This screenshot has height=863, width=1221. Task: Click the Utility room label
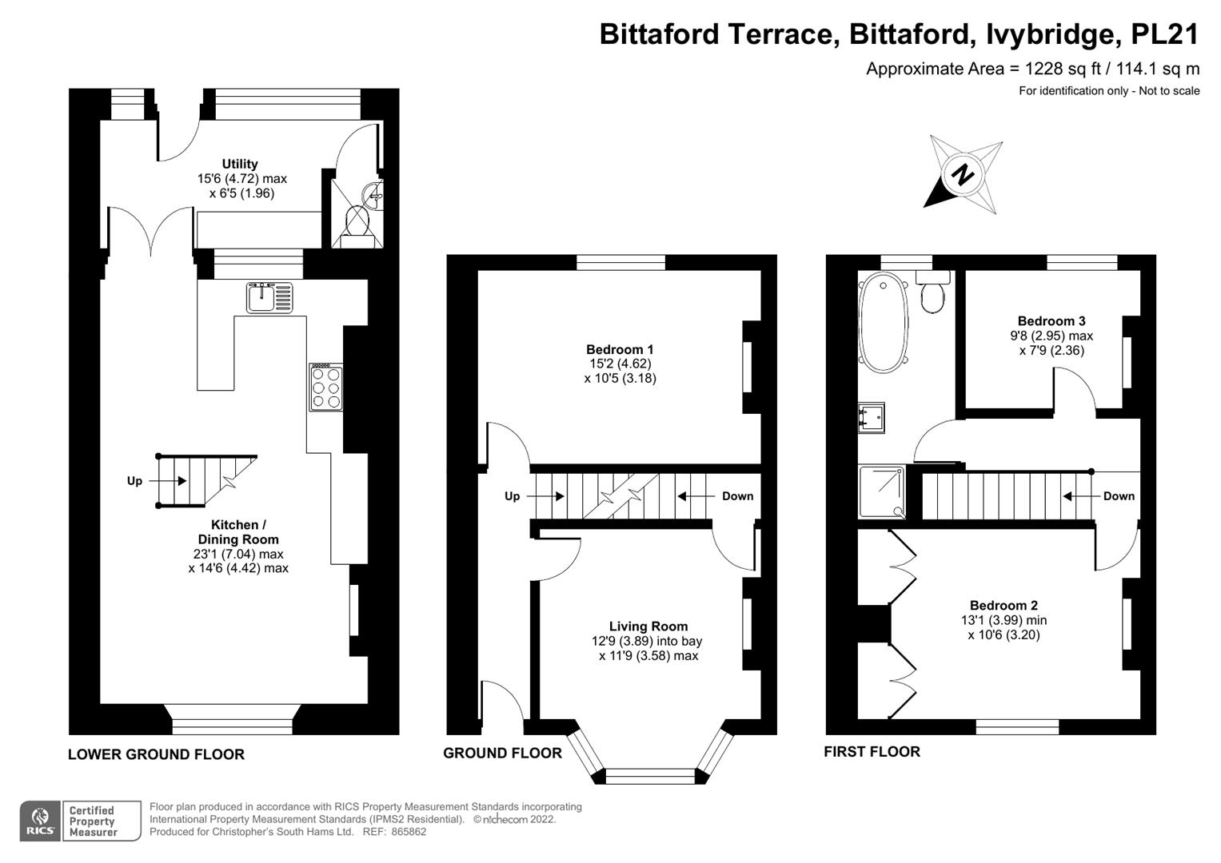[x=240, y=164]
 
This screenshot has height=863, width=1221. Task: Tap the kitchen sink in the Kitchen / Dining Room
[x=269, y=297]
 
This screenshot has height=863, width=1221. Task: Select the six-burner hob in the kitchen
[x=325, y=388]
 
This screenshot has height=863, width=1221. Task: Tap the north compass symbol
[x=964, y=174]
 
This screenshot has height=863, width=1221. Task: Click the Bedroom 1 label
[x=620, y=349]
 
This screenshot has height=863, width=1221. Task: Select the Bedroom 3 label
[x=1051, y=321]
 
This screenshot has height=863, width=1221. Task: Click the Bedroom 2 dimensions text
[x=1004, y=628]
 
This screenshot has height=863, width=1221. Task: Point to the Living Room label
[x=648, y=626]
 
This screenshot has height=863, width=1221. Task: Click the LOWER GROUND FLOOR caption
[x=156, y=754]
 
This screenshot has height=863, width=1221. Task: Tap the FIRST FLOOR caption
[x=872, y=752]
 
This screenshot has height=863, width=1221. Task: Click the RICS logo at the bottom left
[x=39, y=821]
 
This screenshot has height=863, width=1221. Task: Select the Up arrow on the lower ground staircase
[x=172, y=481]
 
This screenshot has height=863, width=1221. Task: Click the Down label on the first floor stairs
[x=1118, y=496]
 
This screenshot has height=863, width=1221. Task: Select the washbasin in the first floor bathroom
[x=871, y=416]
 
